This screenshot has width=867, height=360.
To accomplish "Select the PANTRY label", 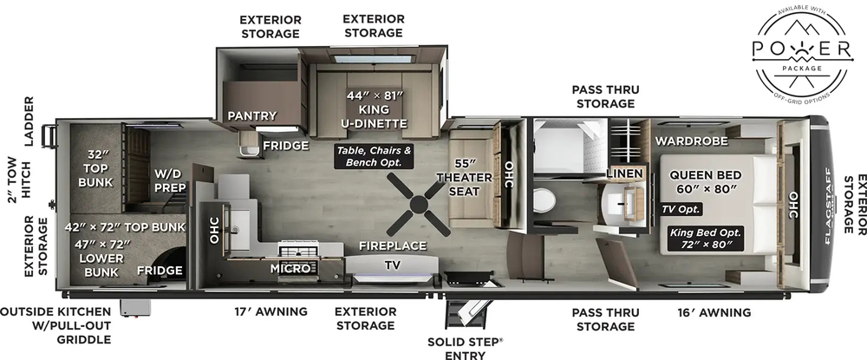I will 251,115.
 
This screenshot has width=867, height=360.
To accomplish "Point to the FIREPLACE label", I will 393,245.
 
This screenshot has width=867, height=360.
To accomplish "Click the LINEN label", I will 624,173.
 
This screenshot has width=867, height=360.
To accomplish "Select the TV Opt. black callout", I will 681,209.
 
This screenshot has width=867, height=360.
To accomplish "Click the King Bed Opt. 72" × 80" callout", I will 705,239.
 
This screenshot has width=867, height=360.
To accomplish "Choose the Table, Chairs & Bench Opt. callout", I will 374,156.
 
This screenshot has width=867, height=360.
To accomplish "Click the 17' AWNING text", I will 271,311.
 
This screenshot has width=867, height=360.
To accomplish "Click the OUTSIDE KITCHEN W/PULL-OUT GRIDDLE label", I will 55,325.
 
